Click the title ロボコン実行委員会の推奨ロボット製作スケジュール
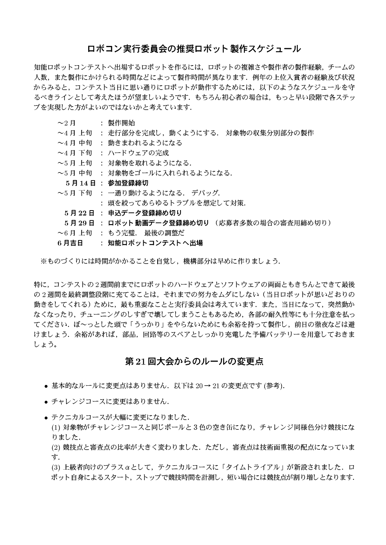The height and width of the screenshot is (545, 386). [x=193, y=49]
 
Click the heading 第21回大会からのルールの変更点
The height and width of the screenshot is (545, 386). [x=193, y=362]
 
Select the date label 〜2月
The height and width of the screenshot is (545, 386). [x=67, y=123]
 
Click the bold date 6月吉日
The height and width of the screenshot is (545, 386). [x=70, y=243]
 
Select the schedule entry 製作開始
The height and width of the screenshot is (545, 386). [x=121, y=123]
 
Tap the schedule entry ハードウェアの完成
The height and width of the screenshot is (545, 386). [x=138, y=153]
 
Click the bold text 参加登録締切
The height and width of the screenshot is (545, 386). [x=128, y=183]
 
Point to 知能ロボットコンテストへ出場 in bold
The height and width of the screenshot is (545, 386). [x=155, y=243]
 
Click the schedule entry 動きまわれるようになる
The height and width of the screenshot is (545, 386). [x=145, y=143]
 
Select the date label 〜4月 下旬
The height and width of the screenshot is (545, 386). [x=75, y=153]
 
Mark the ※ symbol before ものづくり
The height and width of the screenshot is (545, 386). [x=43, y=261]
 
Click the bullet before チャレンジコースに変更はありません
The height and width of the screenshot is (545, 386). [x=46, y=402]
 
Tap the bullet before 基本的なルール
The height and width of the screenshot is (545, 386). [x=46, y=386]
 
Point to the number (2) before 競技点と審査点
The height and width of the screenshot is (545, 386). [x=56, y=447]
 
